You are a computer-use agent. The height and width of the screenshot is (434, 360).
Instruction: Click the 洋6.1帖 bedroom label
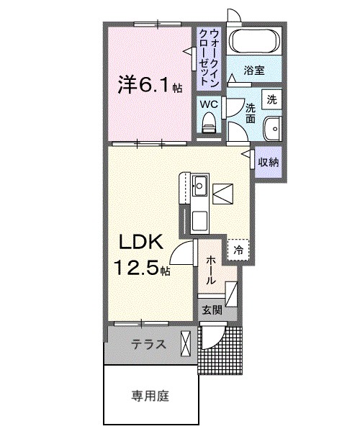150,85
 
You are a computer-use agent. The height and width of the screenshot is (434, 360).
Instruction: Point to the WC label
209,104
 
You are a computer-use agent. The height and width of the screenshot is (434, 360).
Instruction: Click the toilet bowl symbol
209,125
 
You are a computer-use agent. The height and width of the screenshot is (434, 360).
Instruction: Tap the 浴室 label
254,71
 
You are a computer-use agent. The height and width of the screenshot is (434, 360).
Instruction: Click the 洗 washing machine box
272,99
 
